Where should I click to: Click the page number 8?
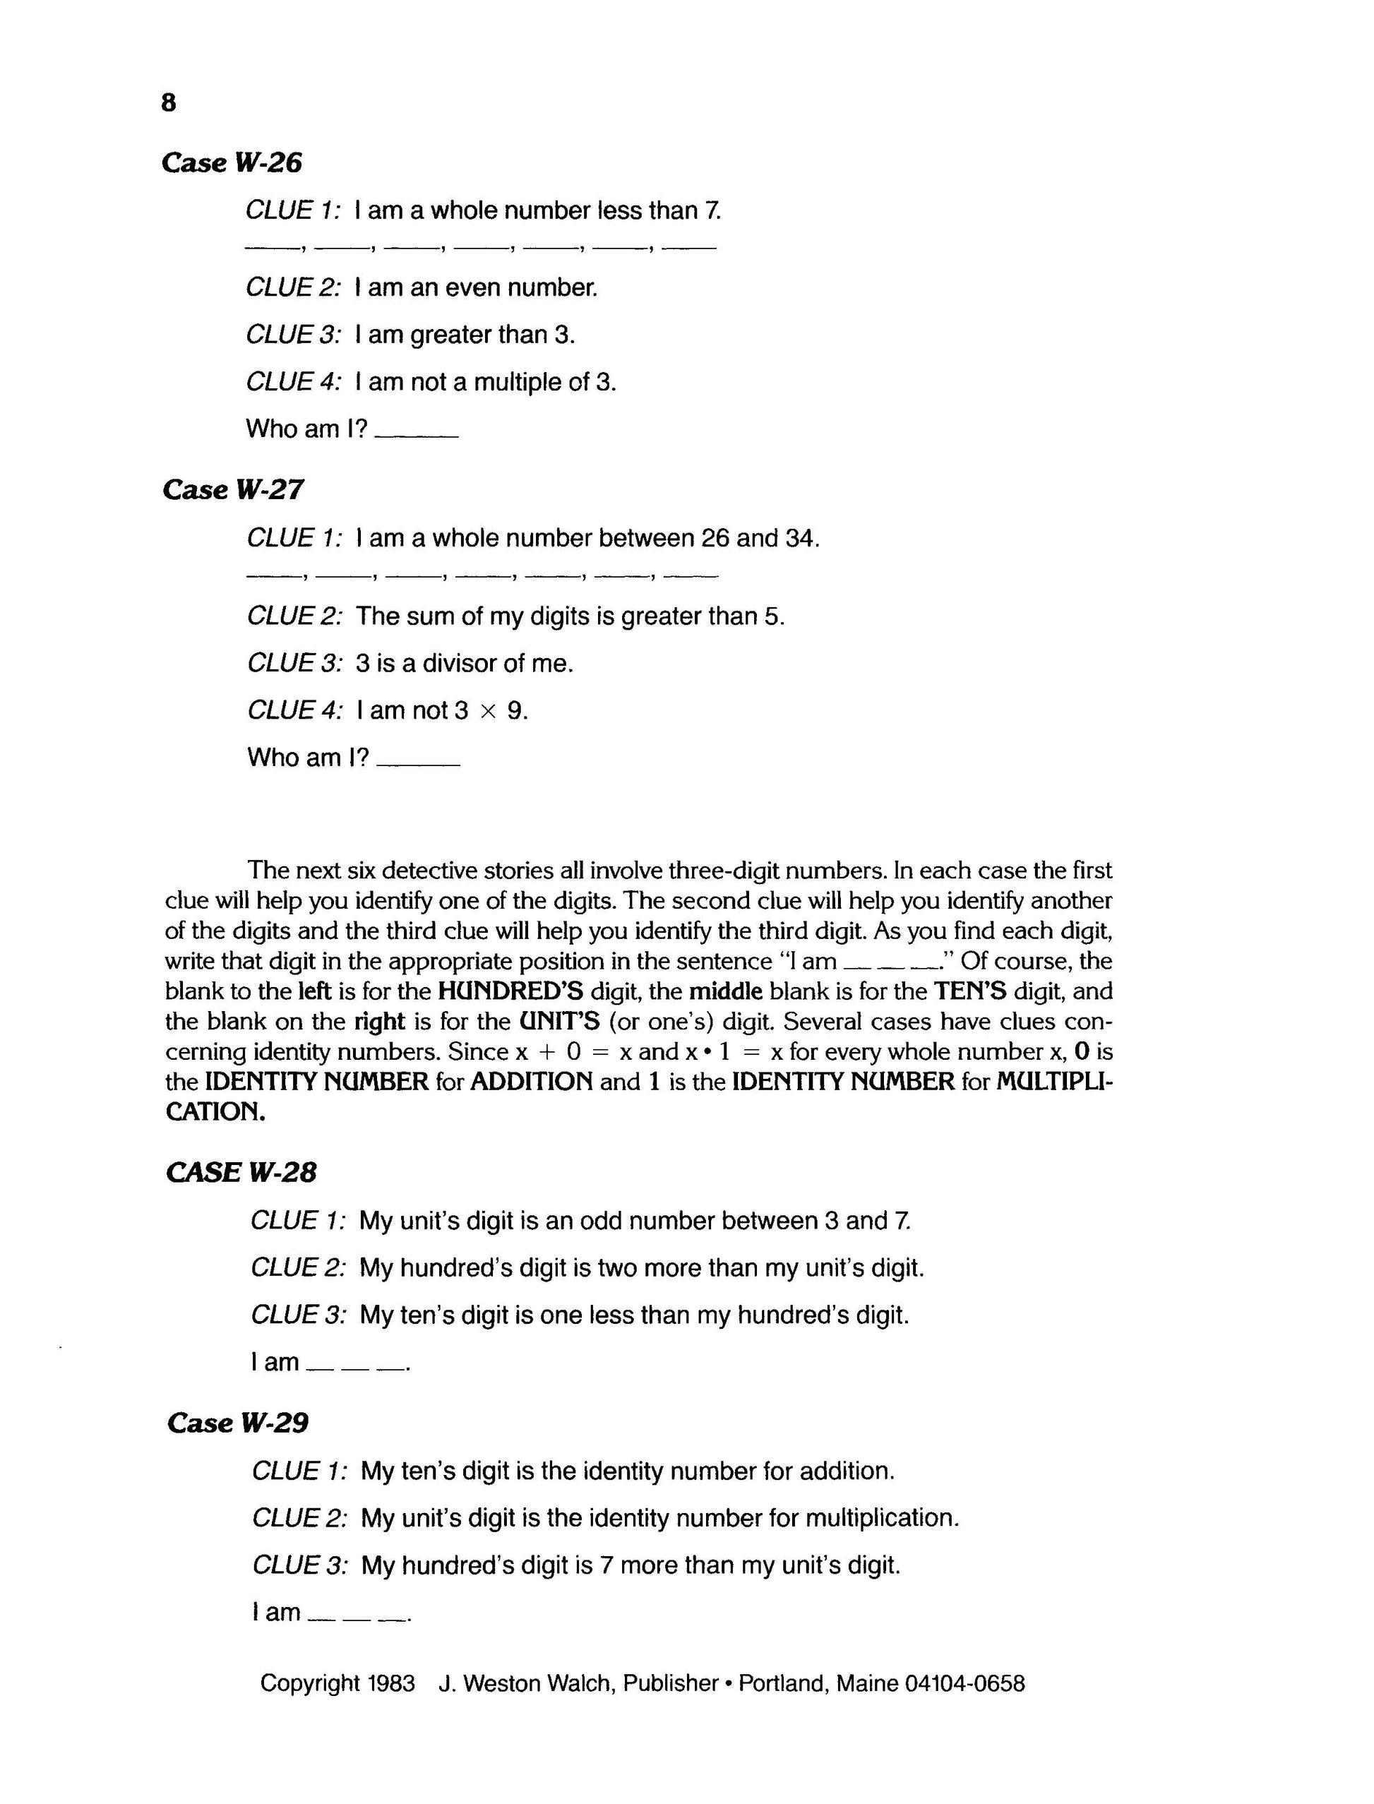[x=169, y=103]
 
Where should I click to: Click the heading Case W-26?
[x=232, y=162]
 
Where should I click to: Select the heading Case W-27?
[x=232, y=490]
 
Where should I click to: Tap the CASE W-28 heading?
[x=241, y=1173]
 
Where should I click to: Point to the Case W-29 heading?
[x=237, y=1423]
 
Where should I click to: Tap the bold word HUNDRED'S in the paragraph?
[x=510, y=992]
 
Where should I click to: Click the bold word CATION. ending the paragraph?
[x=215, y=1113]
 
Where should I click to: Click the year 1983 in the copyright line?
[x=391, y=1684]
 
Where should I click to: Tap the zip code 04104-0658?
[x=965, y=1684]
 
